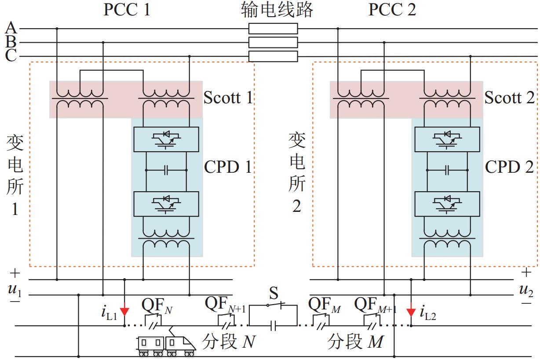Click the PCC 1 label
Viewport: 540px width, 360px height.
127,9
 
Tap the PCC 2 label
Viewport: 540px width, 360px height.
392,9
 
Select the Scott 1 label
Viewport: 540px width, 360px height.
228,98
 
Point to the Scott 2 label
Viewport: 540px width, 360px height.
509,98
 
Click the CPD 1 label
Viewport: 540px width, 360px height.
228,167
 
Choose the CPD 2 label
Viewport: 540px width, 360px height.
509,167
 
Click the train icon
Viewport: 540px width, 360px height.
166,345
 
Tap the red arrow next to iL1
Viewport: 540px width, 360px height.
124,312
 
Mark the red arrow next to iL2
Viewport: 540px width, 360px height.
411,312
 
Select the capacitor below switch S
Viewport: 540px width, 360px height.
273,326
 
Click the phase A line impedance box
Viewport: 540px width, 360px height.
273,29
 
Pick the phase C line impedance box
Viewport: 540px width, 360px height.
273,56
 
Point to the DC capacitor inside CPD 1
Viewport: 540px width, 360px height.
166,170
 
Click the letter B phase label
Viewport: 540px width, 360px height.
11,42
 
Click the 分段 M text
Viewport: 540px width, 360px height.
356,342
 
